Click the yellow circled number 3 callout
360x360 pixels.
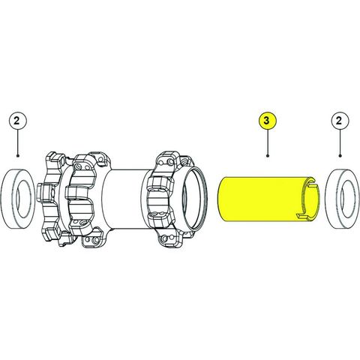[x=267, y=121]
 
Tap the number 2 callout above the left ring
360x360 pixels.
[x=16, y=121]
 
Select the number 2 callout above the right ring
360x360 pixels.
[x=340, y=121]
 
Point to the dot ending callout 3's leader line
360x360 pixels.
[x=268, y=156]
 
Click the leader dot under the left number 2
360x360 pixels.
[x=17, y=156]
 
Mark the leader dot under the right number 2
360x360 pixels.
[x=340, y=156]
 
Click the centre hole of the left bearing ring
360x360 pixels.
[x=24, y=198]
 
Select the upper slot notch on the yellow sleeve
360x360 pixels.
[x=310, y=183]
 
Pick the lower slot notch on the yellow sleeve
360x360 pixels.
[x=303, y=217]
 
